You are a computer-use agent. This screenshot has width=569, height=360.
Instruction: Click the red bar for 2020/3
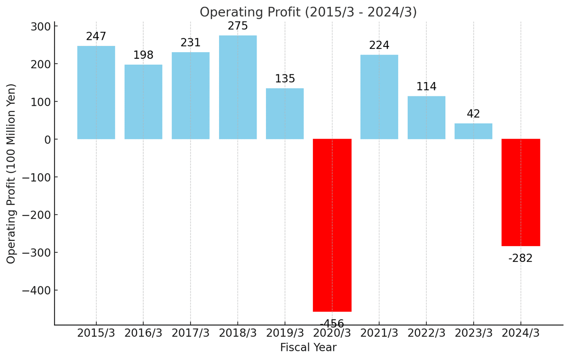[332, 225]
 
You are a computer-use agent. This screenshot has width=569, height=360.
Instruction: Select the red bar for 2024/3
[521, 192]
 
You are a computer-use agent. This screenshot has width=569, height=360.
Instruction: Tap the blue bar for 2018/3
[238, 87]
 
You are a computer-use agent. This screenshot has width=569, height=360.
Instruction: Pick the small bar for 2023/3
[473, 131]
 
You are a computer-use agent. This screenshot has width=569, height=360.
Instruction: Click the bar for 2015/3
[96, 92]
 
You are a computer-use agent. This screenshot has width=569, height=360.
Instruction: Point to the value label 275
[238, 26]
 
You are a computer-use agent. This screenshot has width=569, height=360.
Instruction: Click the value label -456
[332, 324]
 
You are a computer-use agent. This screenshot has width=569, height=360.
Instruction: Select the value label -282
[521, 258]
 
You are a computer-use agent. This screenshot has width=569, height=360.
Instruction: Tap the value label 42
[473, 114]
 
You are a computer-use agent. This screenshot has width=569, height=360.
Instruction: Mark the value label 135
[285, 79]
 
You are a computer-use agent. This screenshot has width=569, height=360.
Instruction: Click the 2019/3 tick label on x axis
[285, 333]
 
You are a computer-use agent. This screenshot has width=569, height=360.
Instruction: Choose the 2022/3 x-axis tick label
[426, 333]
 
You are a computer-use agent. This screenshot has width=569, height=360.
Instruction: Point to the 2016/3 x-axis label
[143, 333]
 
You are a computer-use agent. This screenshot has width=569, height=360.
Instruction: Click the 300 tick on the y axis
[41, 27]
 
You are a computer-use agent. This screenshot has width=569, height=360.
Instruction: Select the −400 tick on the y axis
[36, 290]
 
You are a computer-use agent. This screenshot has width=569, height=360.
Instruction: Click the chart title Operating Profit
[308, 12]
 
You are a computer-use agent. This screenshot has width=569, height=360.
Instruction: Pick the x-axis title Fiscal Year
[308, 348]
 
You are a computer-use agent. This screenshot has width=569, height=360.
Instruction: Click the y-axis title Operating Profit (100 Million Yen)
[11, 173]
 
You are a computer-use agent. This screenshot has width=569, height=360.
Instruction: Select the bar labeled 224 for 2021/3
[379, 97]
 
